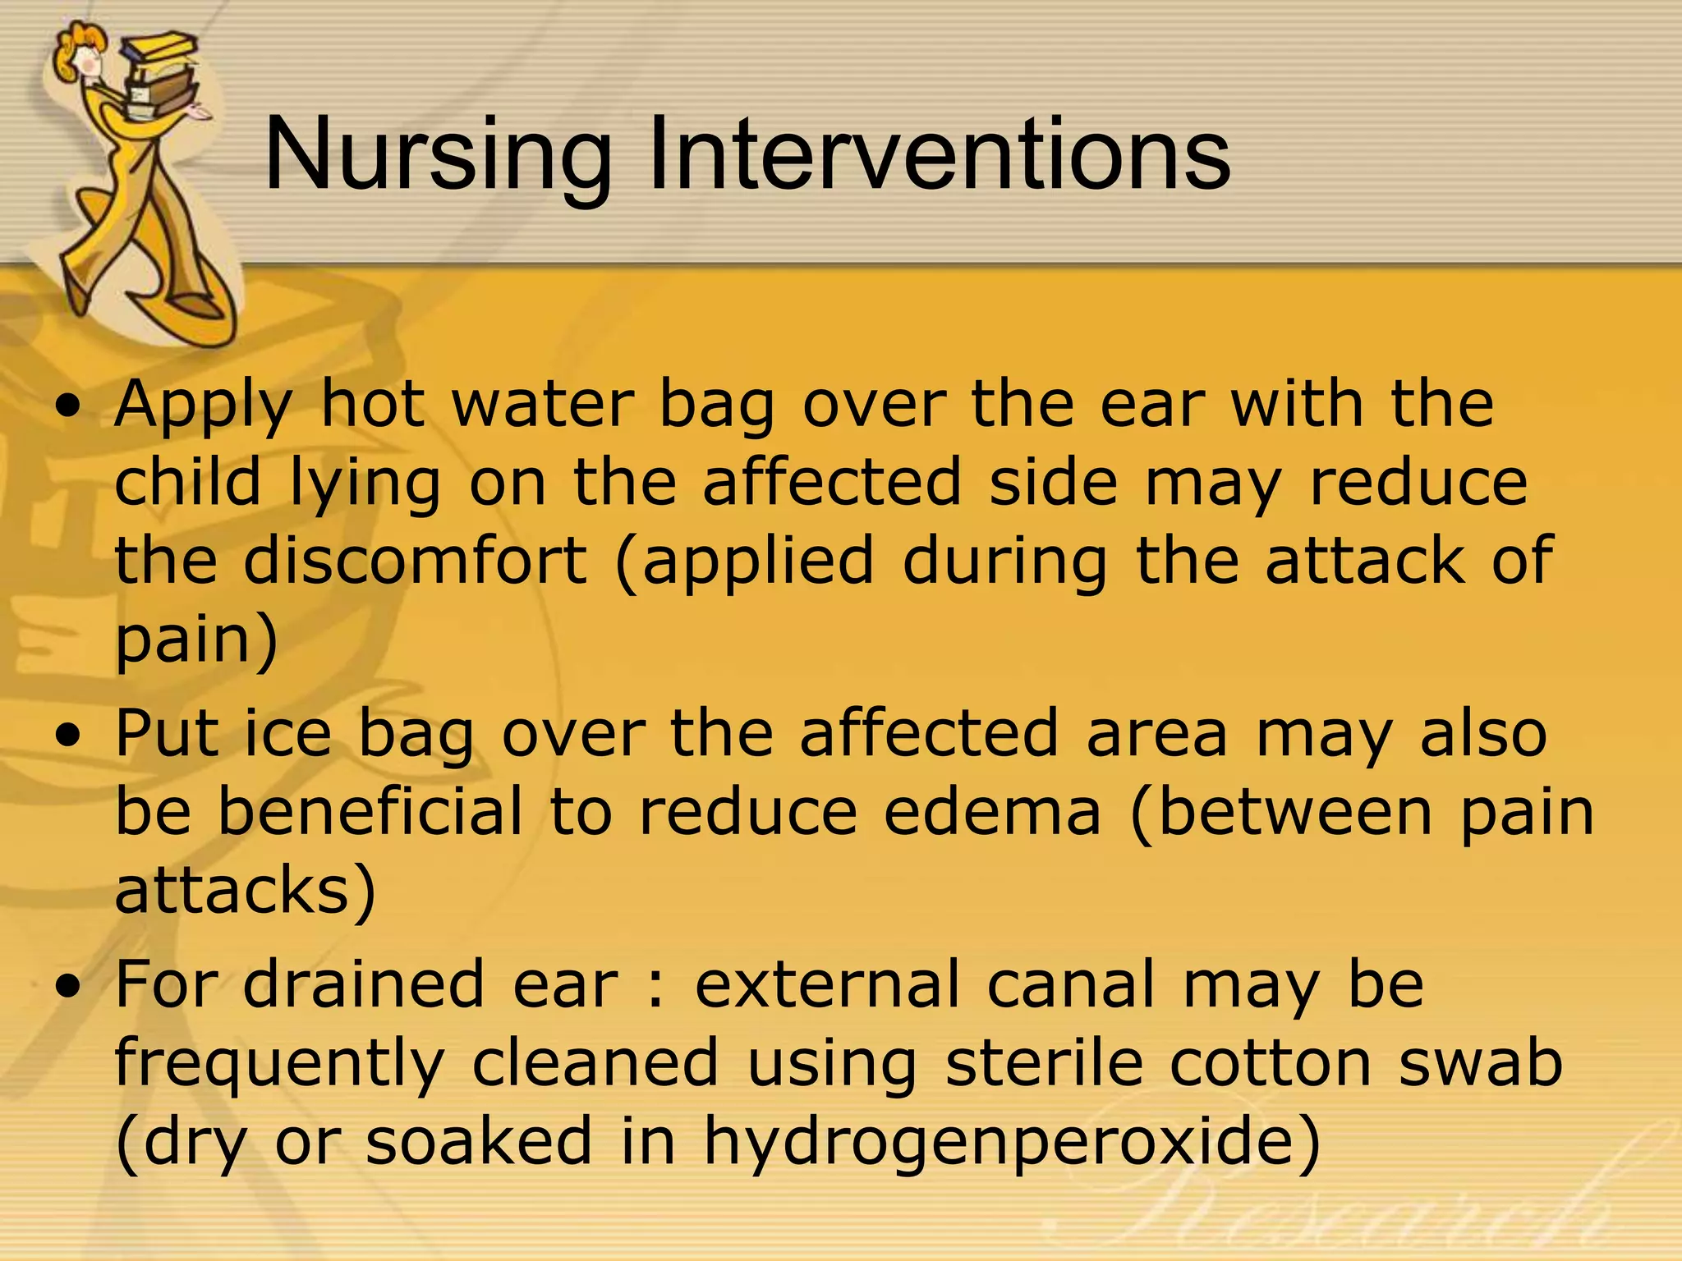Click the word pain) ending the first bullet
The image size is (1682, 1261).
[x=196, y=641]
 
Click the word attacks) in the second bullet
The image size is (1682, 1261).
[x=245, y=890]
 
